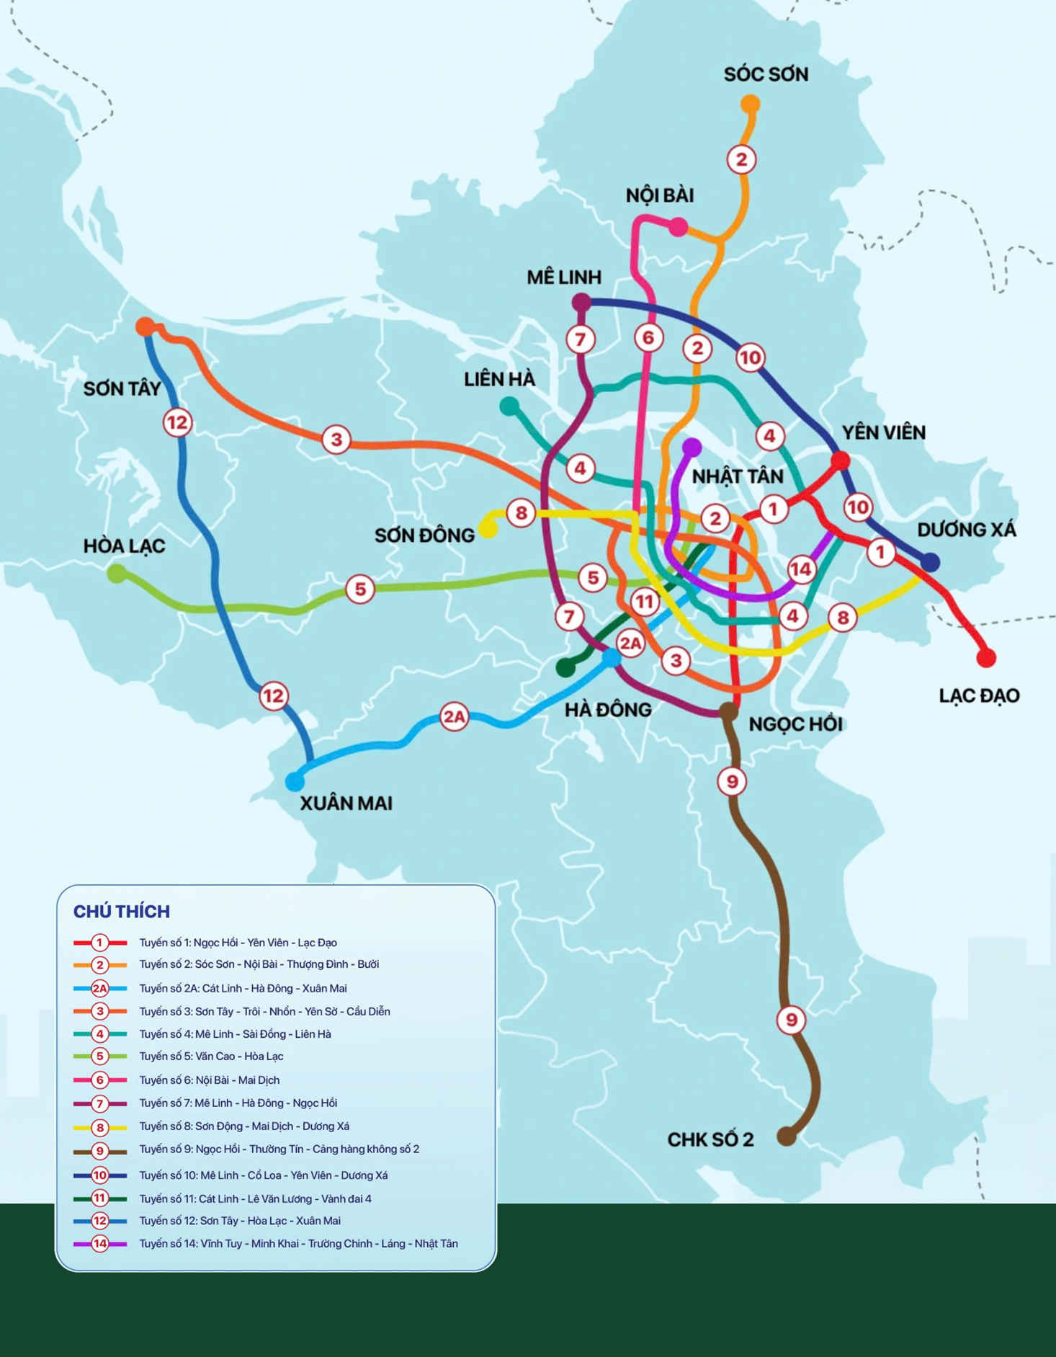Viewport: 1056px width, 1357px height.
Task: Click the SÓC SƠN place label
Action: (x=766, y=74)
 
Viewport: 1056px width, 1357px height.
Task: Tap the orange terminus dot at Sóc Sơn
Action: (x=751, y=104)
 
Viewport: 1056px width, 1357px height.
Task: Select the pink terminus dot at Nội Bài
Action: (x=678, y=228)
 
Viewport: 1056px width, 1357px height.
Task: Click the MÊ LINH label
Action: (x=564, y=277)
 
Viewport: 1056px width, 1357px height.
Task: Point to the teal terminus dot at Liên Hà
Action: (x=509, y=406)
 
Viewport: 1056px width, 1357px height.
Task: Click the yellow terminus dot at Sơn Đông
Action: (x=488, y=530)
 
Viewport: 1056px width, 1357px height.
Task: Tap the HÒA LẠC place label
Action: (x=124, y=546)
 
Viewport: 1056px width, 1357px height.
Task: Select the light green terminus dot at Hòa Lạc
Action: (x=116, y=574)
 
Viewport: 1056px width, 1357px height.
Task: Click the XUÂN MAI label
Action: (x=346, y=804)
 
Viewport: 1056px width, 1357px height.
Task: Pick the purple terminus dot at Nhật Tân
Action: (x=692, y=448)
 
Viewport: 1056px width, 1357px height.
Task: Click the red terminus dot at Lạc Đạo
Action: (x=986, y=657)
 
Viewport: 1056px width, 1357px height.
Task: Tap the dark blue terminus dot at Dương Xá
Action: (x=931, y=562)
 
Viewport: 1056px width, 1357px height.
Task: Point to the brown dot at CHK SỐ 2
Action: (x=786, y=1137)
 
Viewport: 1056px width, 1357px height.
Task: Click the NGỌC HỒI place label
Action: (x=795, y=724)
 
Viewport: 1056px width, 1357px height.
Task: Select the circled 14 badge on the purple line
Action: (x=801, y=569)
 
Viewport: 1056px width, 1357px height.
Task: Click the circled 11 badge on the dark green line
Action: (x=644, y=601)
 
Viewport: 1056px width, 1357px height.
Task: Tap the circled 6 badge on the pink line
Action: (x=648, y=337)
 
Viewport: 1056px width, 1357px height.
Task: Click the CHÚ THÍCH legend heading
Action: (x=122, y=912)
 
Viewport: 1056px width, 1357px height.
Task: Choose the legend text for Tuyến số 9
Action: (x=279, y=1149)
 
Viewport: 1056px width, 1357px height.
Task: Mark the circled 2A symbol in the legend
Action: (x=99, y=988)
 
